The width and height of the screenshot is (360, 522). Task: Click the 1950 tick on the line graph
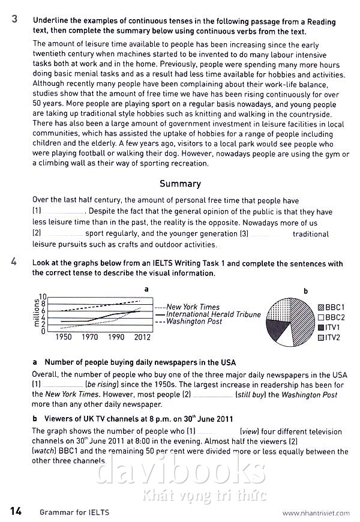64,337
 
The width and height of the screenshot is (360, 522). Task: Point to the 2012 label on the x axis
142,337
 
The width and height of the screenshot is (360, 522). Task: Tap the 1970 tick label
90,337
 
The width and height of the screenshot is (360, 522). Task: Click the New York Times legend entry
193,307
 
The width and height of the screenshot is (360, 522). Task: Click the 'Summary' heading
180,184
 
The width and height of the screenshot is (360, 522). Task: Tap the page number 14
16,511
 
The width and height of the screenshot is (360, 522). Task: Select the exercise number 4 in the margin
14,263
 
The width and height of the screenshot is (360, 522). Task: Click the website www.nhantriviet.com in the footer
316,513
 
